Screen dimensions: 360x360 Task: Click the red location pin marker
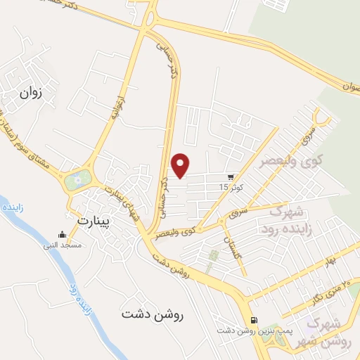click(x=181, y=165)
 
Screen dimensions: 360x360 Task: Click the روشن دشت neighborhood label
click(x=151, y=314)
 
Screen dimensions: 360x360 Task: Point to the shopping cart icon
click(x=231, y=177)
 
